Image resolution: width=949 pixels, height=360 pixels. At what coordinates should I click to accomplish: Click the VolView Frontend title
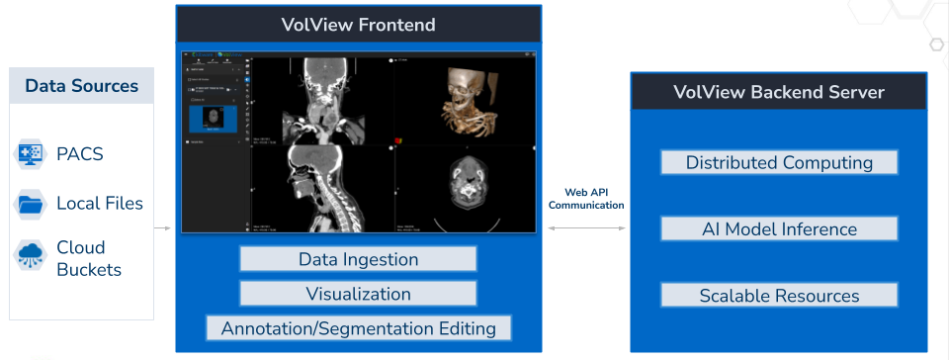pos(359,25)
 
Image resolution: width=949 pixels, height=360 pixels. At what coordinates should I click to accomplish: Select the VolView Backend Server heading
pos(779,93)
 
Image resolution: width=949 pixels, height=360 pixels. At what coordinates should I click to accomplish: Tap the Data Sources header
pos(82,86)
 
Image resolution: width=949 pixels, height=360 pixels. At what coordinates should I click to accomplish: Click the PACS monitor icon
pos(30,154)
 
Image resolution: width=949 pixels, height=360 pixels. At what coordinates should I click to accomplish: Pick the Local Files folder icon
pos(30,205)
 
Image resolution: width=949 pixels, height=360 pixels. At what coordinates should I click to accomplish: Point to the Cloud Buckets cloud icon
pos(30,256)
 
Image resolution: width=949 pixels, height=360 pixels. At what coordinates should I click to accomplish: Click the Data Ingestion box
pos(358,260)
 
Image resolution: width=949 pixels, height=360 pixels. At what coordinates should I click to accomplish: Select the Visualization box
pos(358,294)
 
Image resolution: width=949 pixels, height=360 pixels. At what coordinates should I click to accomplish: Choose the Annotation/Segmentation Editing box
pos(358,327)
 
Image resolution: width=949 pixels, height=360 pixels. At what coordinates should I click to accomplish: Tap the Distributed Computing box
pos(779,162)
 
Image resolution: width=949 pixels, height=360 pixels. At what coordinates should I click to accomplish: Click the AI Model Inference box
pos(779,229)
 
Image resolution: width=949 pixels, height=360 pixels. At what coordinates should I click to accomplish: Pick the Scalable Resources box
pos(779,296)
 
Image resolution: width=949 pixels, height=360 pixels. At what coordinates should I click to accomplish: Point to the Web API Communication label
pos(586,199)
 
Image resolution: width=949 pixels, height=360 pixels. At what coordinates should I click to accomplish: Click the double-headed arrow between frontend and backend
pos(586,228)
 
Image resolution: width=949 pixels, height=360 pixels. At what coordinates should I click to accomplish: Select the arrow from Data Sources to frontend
pos(164,228)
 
